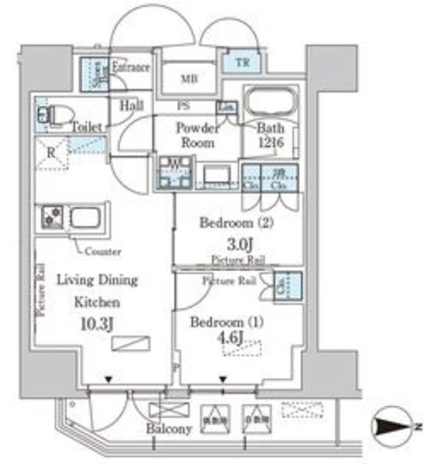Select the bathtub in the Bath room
tap(268, 102)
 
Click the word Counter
tap(103, 251)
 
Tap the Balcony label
tap(168, 429)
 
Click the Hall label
tap(132, 106)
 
